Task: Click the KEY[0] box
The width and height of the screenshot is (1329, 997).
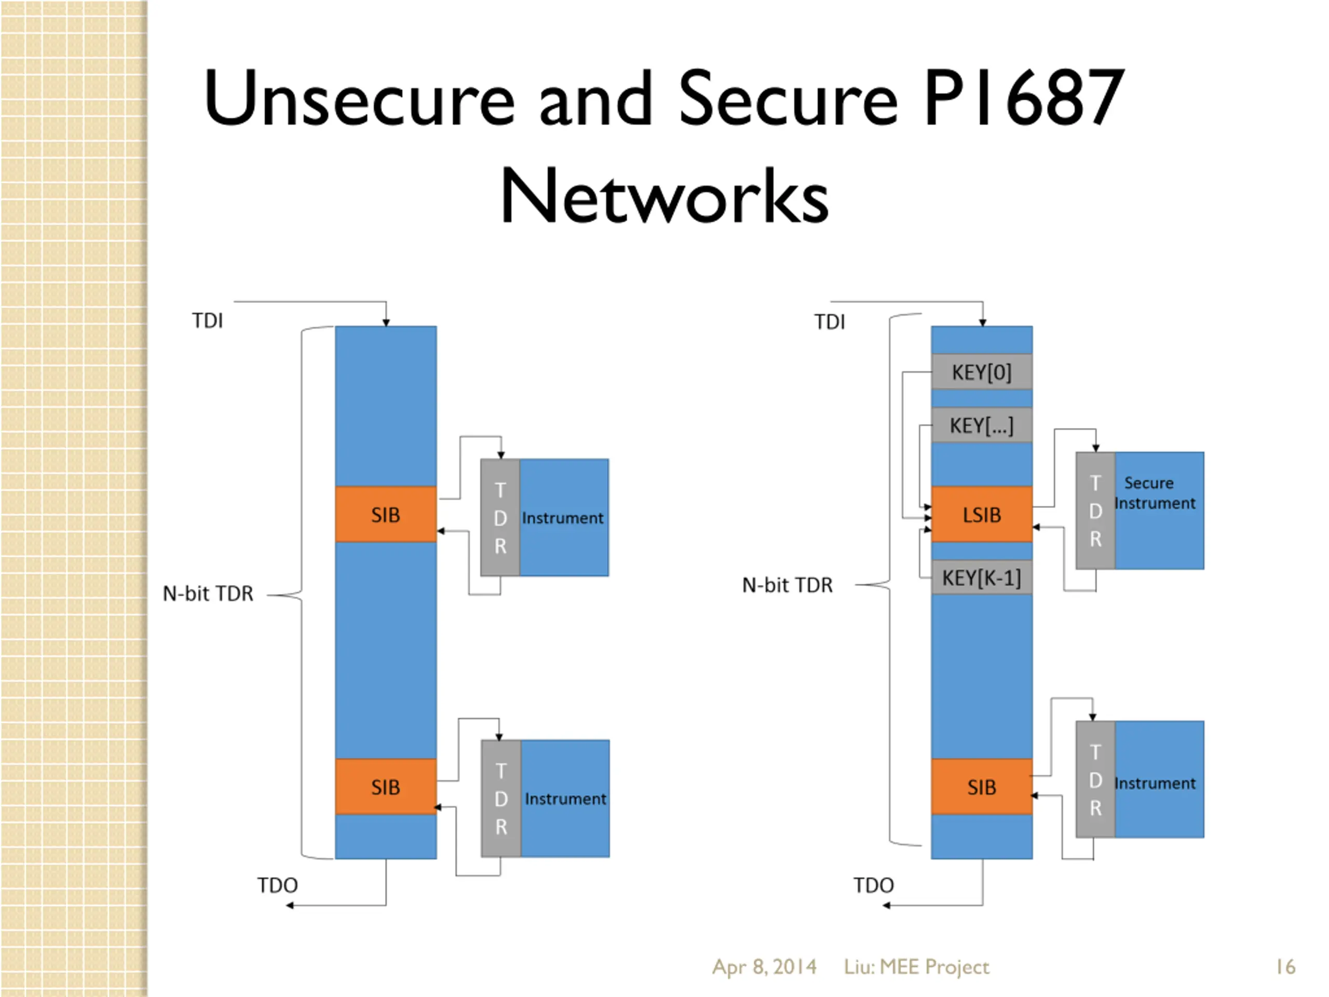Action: pyautogui.click(x=982, y=371)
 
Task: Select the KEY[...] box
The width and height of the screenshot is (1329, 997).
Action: pyautogui.click(x=982, y=425)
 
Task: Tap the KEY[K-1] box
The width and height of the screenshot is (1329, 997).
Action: pyautogui.click(x=982, y=577)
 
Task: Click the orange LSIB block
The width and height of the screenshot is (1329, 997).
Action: pyautogui.click(x=982, y=515)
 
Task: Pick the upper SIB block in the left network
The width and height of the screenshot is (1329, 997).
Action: pyautogui.click(x=386, y=515)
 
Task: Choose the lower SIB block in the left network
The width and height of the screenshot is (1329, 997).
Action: pyautogui.click(x=386, y=787)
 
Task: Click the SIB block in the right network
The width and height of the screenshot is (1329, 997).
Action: pyautogui.click(x=982, y=787)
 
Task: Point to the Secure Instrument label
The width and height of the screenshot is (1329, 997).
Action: pyautogui.click(x=1155, y=493)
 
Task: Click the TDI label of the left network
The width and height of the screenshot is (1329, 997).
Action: pyautogui.click(x=207, y=321)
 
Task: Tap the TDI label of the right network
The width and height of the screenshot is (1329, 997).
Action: pyautogui.click(x=830, y=322)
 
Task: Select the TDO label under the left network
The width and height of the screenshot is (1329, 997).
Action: pyautogui.click(x=278, y=885)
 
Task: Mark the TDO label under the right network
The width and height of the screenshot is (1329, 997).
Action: pyautogui.click(x=874, y=885)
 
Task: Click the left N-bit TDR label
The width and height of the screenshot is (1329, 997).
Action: pyautogui.click(x=208, y=594)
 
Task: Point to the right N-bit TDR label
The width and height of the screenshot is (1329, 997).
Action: pyautogui.click(x=788, y=585)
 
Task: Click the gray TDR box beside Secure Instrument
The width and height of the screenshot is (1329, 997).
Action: pyautogui.click(x=1095, y=510)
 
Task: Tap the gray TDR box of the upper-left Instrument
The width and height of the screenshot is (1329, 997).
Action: pyautogui.click(x=500, y=517)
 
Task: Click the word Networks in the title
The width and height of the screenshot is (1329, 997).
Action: pyautogui.click(x=664, y=195)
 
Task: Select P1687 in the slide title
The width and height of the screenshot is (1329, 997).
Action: pyautogui.click(x=1024, y=97)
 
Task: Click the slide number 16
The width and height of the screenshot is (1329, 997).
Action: pyautogui.click(x=1286, y=966)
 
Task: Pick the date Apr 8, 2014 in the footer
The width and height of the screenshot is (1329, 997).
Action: pyautogui.click(x=764, y=966)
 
